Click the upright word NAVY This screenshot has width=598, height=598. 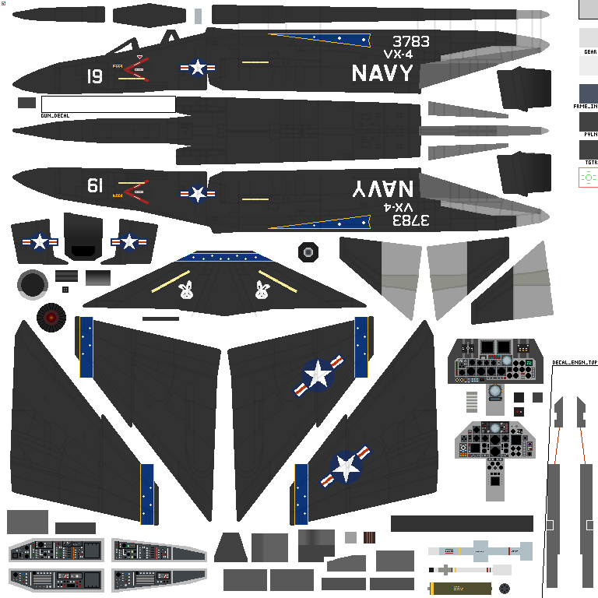[382, 73]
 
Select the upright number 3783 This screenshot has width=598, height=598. [410, 41]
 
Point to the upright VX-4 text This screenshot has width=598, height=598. [398, 55]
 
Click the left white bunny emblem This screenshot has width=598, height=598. [185, 290]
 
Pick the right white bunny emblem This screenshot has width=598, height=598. [262, 290]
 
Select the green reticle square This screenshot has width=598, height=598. [588, 178]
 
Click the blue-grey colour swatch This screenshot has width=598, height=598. [588, 94]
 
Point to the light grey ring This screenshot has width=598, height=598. [32, 285]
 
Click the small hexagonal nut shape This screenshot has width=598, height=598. [308, 252]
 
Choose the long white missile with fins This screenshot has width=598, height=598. [480, 551]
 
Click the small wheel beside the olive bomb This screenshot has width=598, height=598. [505, 589]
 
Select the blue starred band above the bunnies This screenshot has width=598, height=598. [224, 257]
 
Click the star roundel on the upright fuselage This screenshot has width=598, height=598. [198, 68]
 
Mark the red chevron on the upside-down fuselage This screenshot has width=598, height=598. [136, 189]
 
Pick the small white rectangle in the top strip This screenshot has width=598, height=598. [198, 16]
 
